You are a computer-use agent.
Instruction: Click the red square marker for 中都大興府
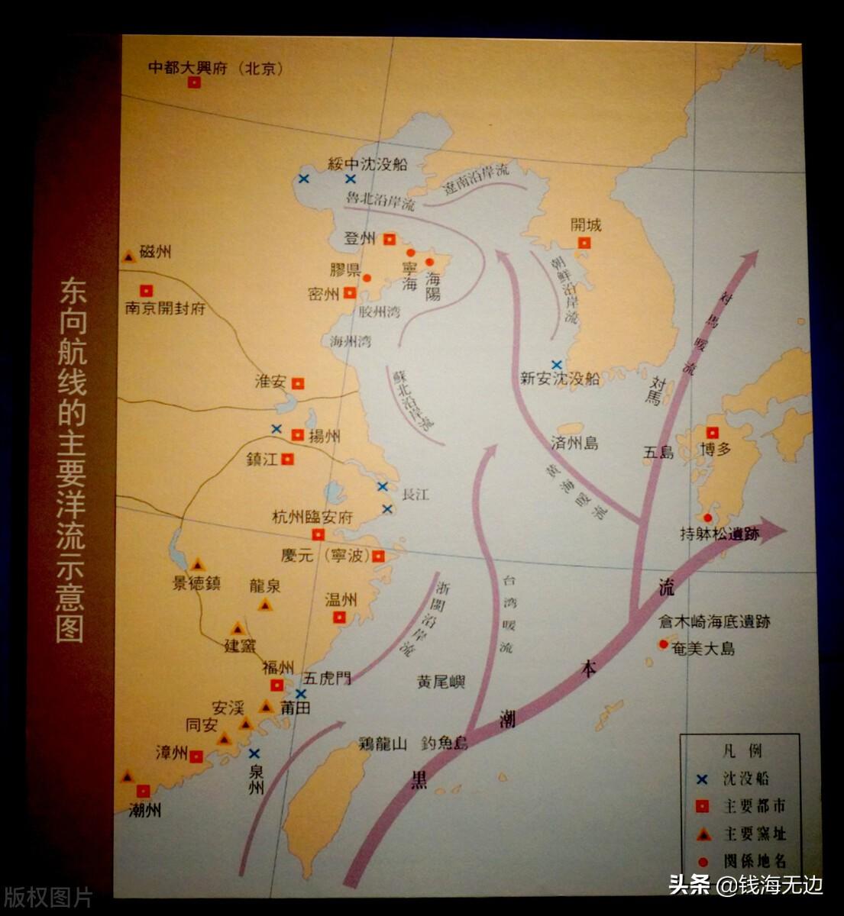pyautogui.click(x=194, y=83)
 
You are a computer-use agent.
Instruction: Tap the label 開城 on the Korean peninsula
pyautogui.click(x=586, y=225)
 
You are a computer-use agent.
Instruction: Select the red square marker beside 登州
pyautogui.click(x=390, y=238)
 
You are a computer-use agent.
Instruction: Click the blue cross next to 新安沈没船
pyautogui.click(x=557, y=365)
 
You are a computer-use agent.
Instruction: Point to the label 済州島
pyautogui.click(x=574, y=443)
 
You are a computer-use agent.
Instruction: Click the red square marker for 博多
pyautogui.click(x=712, y=432)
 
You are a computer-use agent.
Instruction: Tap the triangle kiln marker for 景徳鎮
pyautogui.click(x=198, y=565)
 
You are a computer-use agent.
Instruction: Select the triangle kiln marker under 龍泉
pyautogui.click(x=265, y=605)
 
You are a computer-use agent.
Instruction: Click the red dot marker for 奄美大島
pyautogui.click(x=663, y=644)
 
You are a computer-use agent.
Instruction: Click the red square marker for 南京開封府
pyautogui.click(x=146, y=290)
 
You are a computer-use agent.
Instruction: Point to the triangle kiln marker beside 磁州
pyautogui.click(x=129, y=257)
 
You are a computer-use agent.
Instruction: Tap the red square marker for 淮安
pyautogui.click(x=298, y=383)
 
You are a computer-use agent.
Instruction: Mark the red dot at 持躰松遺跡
pyautogui.click(x=708, y=518)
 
